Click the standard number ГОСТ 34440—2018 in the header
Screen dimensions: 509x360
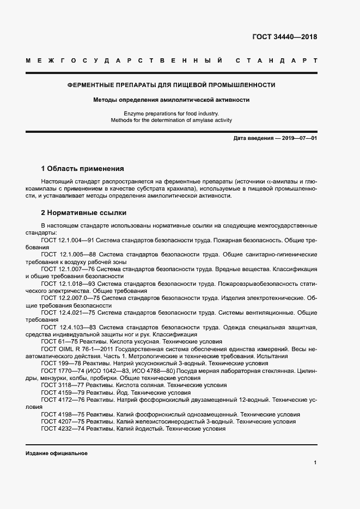click(x=284, y=38)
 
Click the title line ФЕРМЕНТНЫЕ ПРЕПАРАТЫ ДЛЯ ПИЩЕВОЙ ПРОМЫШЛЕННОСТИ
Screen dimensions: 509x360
click(x=171, y=85)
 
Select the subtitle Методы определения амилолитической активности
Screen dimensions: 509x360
click(x=171, y=100)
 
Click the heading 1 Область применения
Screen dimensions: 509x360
click(x=83, y=168)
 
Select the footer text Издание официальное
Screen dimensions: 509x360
click(x=57, y=453)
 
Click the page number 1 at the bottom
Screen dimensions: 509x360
click(x=315, y=462)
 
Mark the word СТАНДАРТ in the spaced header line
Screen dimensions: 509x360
click(x=277, y=60)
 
